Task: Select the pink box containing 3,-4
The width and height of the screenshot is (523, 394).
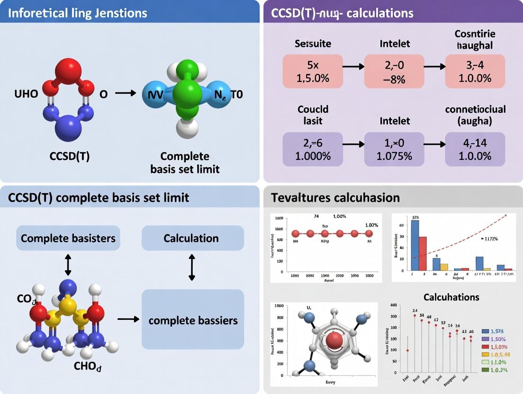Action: point(475,72)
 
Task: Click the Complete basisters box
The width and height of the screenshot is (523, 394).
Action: point(68,238)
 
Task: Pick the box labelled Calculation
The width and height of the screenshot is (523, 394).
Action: point(192,238)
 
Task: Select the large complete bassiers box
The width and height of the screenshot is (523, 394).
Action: point(192,321)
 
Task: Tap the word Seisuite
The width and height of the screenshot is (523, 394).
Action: point(312,44)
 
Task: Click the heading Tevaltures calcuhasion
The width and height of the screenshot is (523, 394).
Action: point(335,197)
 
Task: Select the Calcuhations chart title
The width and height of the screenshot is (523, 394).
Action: point(451,297)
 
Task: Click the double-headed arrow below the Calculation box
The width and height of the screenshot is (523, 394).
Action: point(192,267)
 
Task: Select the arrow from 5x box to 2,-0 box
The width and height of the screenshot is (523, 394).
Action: point(353,66)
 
